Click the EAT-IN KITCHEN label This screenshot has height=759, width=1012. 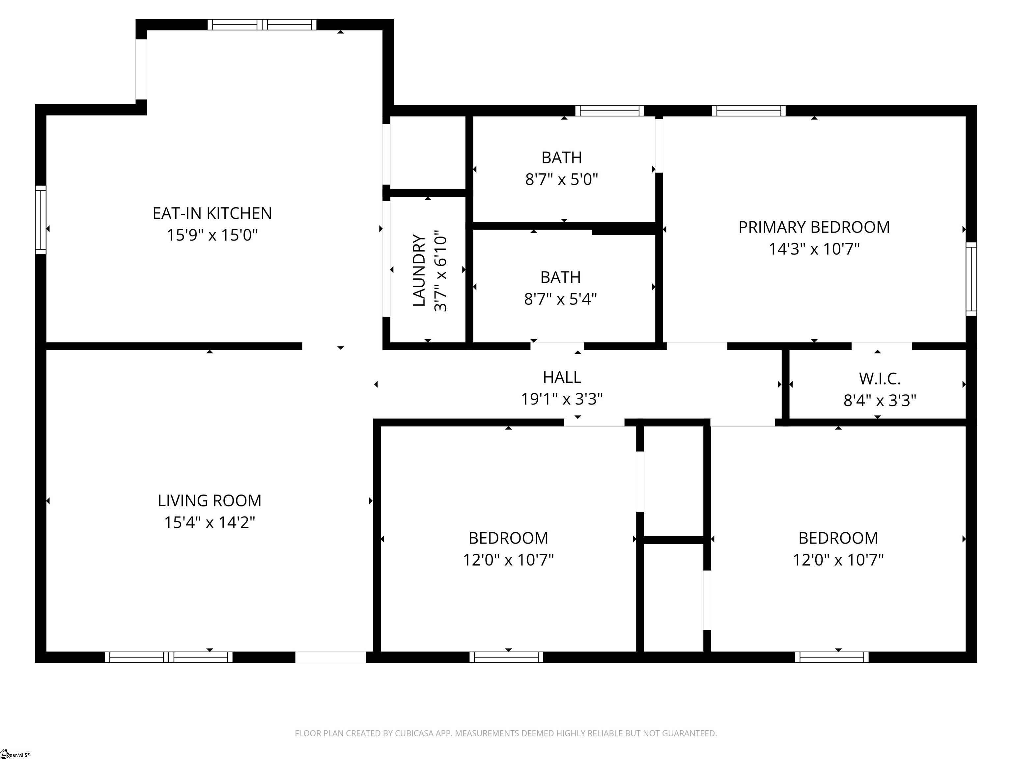(212, 213)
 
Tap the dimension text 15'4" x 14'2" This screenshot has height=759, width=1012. (210, 522)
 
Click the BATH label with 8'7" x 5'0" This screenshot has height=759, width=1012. (561, 158)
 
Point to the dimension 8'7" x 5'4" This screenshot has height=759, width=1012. (560, 299)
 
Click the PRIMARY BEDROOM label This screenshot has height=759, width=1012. (814, 227)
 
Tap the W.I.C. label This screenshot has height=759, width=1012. (879, 379)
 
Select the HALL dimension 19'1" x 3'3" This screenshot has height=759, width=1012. (562, 399)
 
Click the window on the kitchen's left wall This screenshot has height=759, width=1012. (41, 220)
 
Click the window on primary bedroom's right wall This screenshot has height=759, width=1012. (971, 279)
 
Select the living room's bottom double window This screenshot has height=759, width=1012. (168, 657)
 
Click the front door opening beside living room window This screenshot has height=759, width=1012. (330, 657)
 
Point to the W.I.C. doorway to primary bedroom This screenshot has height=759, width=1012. (881, 346)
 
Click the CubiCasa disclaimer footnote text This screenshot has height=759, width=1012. (506, 733)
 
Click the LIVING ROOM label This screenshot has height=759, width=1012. (210, 500)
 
